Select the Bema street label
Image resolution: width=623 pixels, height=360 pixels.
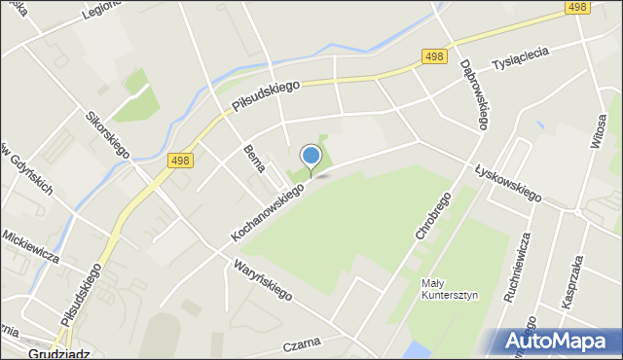255,157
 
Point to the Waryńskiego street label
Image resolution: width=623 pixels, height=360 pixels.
263,279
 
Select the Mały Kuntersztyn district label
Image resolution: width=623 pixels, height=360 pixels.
446,289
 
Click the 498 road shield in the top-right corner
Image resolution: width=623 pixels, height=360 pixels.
576,8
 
